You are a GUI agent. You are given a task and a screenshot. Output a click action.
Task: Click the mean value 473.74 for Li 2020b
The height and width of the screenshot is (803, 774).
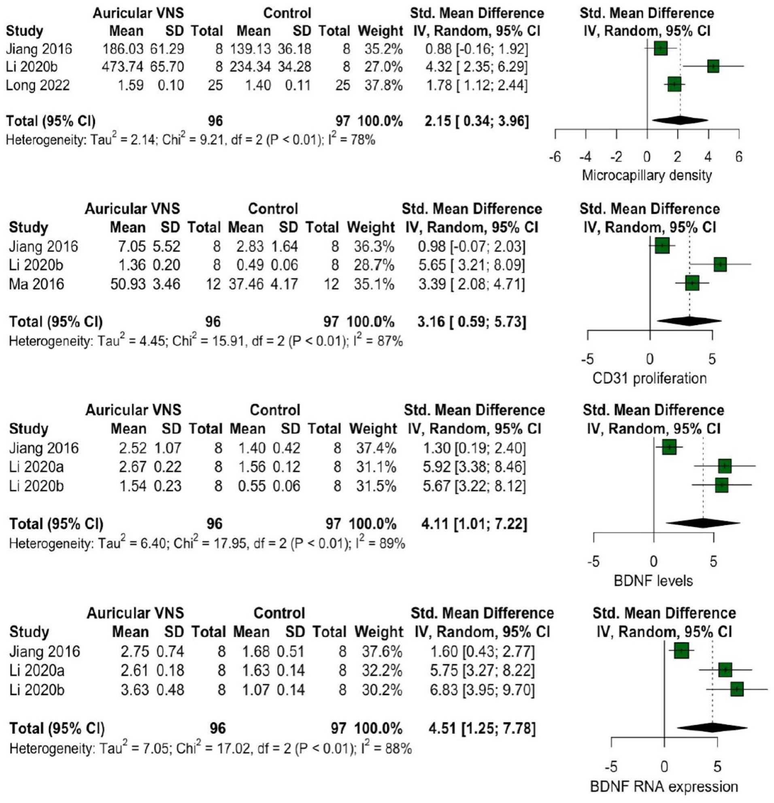[123, 67]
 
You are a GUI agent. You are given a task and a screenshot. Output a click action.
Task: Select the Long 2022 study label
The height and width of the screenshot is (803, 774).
[38, 85]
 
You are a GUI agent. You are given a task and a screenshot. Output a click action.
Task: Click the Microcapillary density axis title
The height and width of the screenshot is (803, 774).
[647, 175]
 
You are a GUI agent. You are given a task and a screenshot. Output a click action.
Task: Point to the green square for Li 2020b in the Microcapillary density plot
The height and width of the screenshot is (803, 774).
[713, 66]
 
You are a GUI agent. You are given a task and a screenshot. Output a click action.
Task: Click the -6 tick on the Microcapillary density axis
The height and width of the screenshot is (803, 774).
[555, 157]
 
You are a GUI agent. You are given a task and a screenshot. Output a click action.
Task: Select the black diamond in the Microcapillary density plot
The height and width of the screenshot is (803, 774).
[680, 120]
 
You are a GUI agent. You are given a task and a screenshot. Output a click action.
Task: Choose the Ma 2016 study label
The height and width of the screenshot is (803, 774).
[36, 284]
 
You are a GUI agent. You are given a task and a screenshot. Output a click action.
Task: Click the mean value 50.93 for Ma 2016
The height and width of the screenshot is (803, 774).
[128, 284]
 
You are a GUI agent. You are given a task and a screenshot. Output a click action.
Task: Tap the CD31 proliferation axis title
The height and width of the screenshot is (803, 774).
[650, 378]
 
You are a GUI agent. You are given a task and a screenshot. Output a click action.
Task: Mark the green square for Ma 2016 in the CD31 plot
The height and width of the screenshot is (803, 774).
[692, 283]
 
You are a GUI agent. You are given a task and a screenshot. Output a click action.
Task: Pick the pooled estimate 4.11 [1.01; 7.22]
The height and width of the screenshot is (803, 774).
[474, 523]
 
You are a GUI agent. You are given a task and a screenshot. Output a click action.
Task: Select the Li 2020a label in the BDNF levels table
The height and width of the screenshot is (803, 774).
[36, 467]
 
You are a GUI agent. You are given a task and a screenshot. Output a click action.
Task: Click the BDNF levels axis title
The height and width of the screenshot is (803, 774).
[653, 581]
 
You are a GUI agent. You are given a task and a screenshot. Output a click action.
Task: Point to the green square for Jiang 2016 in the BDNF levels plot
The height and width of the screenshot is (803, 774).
[669, 447]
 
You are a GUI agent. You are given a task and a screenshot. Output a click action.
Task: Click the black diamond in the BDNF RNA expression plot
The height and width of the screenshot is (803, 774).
[712, 728]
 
